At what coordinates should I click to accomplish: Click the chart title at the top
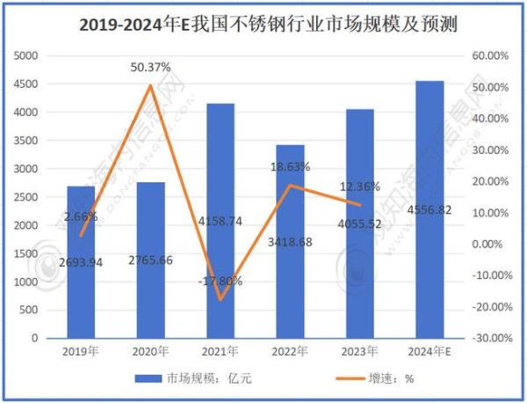tap(263, 20)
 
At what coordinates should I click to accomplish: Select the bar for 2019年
tap(81, 264)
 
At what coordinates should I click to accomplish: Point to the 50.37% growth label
tap(150, 67)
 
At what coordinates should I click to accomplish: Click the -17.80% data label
tap(220, 282)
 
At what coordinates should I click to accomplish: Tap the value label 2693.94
tap(81, 262)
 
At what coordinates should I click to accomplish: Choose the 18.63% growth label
tap(290, 166)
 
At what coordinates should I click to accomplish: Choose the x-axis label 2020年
tap(150, 352)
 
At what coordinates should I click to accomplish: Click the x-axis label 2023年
tap(360, 352)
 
